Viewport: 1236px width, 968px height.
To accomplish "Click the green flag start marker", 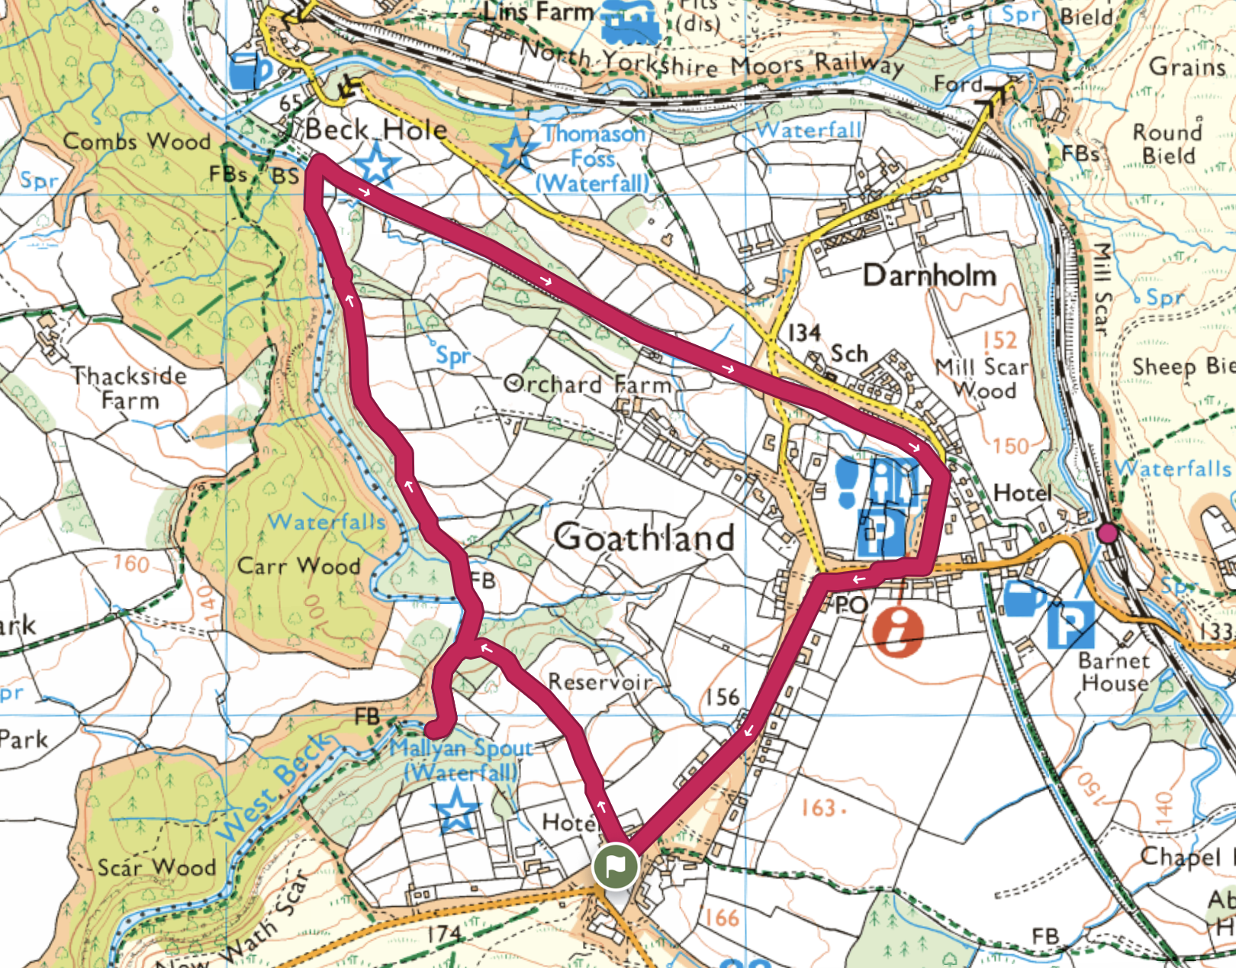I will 615,866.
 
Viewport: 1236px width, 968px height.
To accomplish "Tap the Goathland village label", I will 644,537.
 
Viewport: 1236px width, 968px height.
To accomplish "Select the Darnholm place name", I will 929,276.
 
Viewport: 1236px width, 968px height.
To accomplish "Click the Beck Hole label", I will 376,130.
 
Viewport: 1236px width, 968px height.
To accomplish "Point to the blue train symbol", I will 630,23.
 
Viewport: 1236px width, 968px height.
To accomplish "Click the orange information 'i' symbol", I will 897,631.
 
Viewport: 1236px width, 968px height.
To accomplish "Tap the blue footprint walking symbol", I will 848,482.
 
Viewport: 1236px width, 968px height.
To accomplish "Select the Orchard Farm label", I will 587,383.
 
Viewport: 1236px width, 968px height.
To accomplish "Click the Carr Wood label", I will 298,566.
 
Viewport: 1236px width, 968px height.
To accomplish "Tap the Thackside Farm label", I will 129,388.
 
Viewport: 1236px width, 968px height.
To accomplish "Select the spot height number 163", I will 819,808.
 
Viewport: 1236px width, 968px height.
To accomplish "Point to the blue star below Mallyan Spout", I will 456,810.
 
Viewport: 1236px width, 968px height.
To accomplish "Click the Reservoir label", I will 600,681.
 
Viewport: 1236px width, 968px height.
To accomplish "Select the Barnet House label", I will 1114,672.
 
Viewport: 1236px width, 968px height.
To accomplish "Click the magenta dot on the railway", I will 1107,533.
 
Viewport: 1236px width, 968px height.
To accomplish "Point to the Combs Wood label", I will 137,141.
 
